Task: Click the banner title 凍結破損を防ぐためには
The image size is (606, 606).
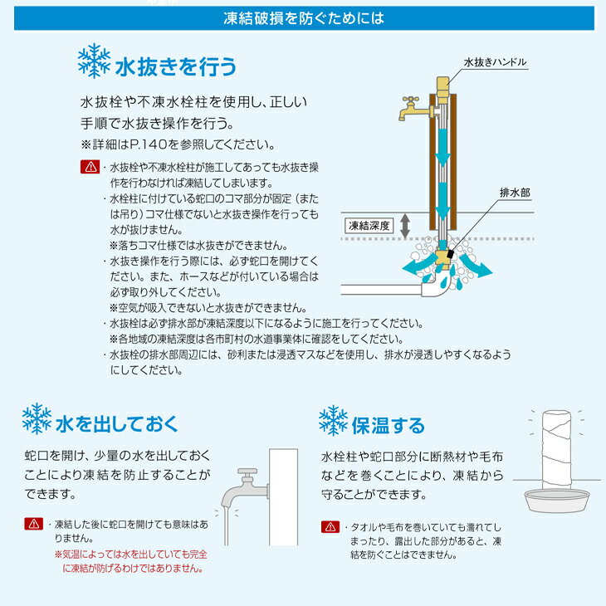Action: click(x=304, y=18)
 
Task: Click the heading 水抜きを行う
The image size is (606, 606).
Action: click(x=176, y=66)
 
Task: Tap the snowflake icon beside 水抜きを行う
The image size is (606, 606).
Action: click(x=94, y=61)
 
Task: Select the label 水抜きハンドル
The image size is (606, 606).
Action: click(x=495, y=62)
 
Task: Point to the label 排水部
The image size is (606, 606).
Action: click(x=515, y=193)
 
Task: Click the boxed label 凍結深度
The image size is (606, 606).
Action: click(x=369, y=226)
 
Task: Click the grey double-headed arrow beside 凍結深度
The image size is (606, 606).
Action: click(x=404, y=226)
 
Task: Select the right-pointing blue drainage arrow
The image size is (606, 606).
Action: click(x=476, y=266)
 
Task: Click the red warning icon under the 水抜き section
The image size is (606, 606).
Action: click(x=90, y=167)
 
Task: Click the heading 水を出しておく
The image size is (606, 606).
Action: click(x=117, y=424)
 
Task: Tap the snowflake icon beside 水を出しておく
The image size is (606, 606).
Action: click(x=37, y=418)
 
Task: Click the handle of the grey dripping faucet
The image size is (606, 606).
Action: click(x=247, y=472)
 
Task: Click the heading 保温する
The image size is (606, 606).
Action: click(x=388, y=426)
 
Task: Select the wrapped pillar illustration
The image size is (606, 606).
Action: click(x=556, y=450)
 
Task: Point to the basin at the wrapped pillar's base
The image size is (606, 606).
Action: click(x=557, y=500)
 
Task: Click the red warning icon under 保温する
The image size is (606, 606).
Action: click(x=330, y=527)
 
